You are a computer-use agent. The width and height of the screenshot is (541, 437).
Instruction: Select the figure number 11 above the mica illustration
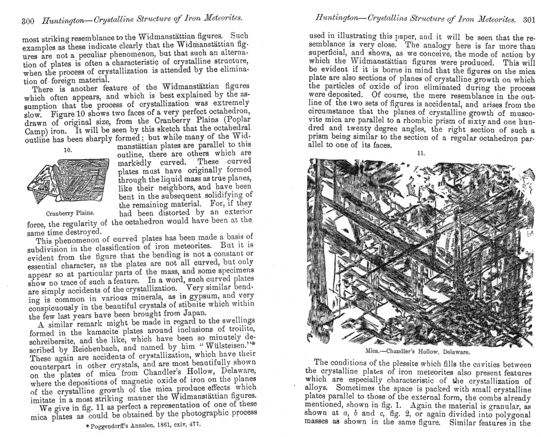click(422, 152)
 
